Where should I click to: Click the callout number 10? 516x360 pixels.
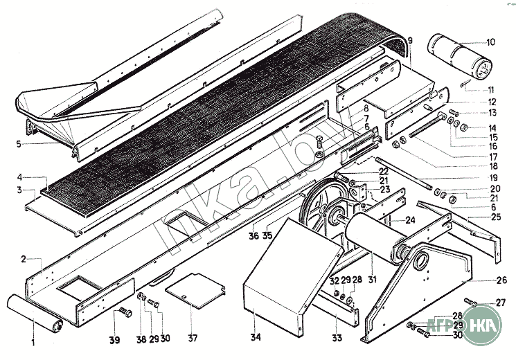tap(490, 42)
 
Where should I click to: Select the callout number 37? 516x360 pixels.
tap(192, 339)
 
